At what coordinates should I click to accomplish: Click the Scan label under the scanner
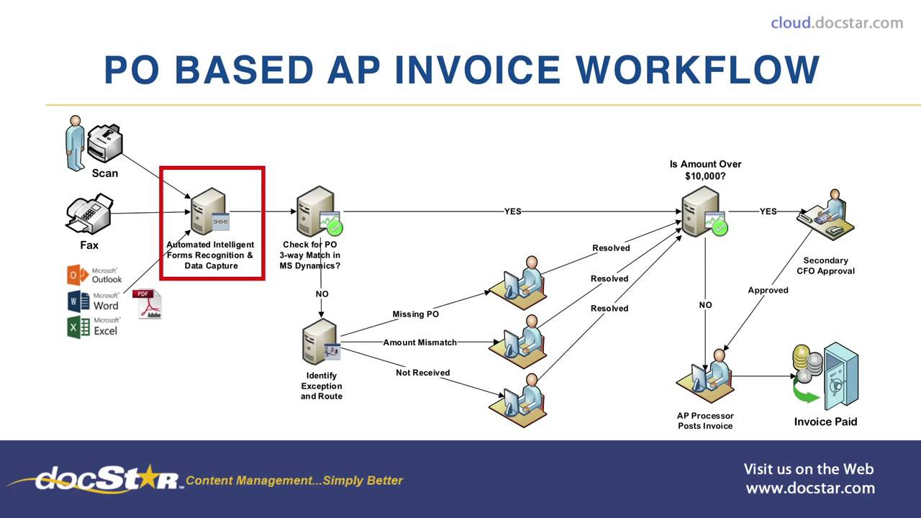[104, 173]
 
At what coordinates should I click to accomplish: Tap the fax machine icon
[89, 214]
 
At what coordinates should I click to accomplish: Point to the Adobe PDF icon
[148, 304]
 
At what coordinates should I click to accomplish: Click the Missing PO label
[415, 314]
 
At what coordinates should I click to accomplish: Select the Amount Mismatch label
[419, 342]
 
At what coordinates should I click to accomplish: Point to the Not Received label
[422, 373]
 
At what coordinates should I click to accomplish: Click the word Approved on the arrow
[768, 291]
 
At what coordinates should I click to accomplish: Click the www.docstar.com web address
[810, 489]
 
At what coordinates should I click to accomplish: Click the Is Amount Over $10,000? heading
[705, 170]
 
